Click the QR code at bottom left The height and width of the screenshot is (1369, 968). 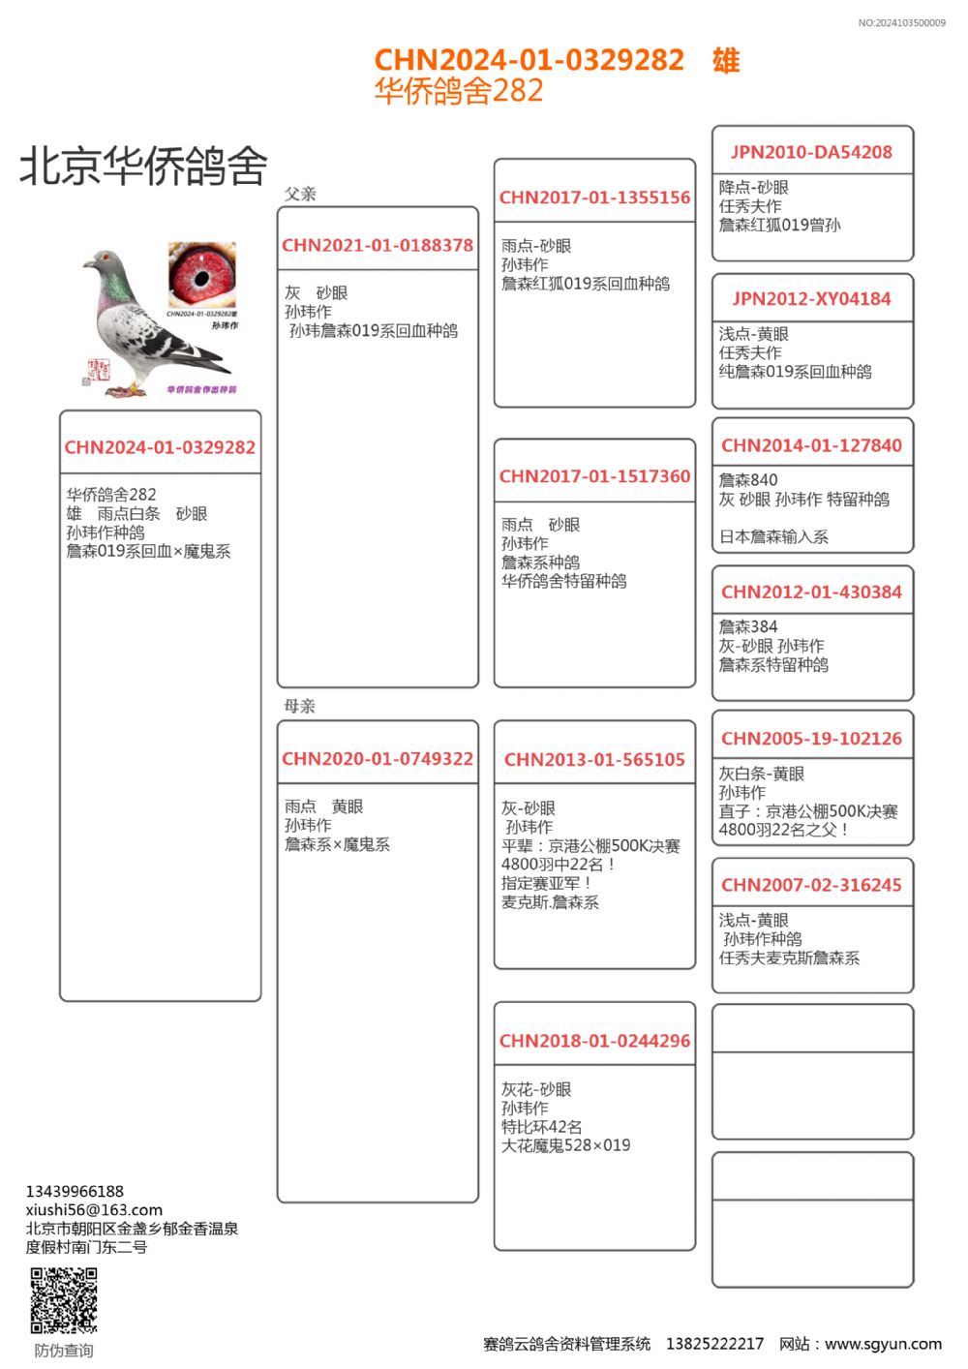(x=64, y=1300)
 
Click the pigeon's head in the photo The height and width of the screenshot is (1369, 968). (x=104, y=261)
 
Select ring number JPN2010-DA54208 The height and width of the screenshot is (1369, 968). (x=811, y=152)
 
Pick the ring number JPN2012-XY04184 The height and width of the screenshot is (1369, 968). (x=811, y=299)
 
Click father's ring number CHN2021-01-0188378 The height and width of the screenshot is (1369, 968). (x=378, y=246)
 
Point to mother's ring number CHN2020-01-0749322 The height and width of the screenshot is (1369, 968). (x=378, y=759)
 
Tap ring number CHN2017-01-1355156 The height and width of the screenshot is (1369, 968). (x=594, y=198)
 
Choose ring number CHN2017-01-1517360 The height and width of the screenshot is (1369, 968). (x=594, y=476)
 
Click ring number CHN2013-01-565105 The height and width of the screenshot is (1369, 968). (x=594, y=760)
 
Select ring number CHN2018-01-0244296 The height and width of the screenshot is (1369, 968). (x=594, y=1042)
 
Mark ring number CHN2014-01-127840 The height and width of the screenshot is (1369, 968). (x=811, y=445)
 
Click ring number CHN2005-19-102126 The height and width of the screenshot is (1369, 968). (x=811, y=739)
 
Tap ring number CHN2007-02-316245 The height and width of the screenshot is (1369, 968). (x=811, y=885)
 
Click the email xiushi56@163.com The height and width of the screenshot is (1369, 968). (x=94, y=1210)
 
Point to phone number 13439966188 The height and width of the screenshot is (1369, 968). (x=75, y=1192)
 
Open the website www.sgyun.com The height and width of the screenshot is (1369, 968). (x=883, y=1344)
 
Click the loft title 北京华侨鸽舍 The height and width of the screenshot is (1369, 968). (x=143, y=167)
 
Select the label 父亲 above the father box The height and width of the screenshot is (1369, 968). (x=300, y=194)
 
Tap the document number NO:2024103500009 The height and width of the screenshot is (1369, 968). (x=901, y=23)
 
